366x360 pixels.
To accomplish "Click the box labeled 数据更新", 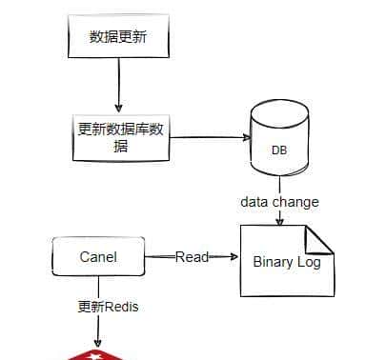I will [x=117, y=38].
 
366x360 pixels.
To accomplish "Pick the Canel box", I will [x=97, y=256].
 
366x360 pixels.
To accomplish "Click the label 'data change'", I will [x=279, y=202].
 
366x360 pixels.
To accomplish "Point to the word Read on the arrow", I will [x=192, y=257].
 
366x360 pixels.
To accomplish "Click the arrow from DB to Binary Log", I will [x=278, y=218].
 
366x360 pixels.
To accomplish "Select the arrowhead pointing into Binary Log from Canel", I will [x=232, y=257].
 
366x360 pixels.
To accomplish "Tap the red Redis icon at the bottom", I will [x=97, y=354].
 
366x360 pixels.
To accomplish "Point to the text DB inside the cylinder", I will [x=279, y=150].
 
